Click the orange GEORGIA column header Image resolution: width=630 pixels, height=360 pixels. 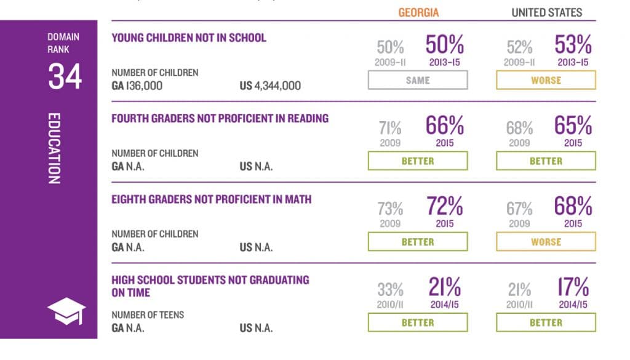[418, 12]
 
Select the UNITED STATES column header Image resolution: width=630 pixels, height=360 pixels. [546, 12]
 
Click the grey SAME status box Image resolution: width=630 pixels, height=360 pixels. [418, 81]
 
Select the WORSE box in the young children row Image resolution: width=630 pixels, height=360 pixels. [546, 81]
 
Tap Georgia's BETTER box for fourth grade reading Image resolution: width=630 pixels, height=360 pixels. [418, 161]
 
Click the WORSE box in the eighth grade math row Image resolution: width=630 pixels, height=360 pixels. [546, 242]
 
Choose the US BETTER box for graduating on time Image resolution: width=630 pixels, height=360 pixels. [546, 322]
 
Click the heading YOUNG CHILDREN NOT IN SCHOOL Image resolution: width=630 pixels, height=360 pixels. [189, 38]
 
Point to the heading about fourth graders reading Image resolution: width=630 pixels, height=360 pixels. [220, 118]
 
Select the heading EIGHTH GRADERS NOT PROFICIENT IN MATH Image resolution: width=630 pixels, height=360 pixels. [211, 199]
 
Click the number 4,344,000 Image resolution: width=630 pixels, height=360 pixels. [278, 86]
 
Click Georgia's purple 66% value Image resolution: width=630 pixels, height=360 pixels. [444, 126]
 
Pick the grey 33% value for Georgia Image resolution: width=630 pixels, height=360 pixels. [390, 289]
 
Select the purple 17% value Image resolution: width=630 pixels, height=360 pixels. [573, 288]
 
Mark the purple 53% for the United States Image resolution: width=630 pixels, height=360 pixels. [573, 46]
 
